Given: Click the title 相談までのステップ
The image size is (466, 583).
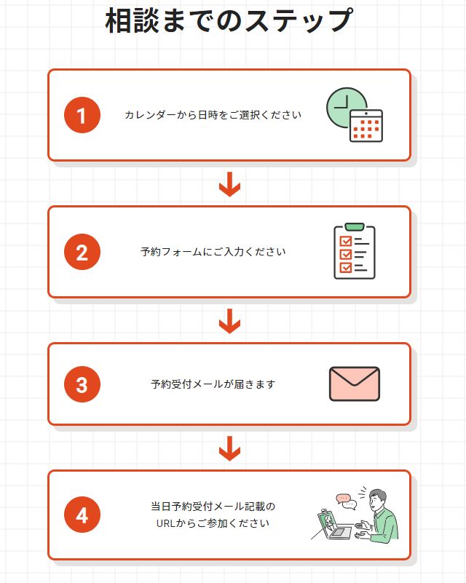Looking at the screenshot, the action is coord(229,20).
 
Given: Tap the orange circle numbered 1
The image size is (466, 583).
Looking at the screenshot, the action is coord(82,115).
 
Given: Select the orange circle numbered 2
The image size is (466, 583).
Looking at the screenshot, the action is coord(82,252).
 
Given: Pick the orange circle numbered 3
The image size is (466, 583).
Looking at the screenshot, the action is coord(82,384).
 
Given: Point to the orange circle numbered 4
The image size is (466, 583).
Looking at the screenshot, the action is coord(82,515).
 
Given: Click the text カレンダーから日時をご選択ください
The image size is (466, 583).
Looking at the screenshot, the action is coord(213,115).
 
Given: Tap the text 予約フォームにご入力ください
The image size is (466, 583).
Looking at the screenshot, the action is coord(213,252).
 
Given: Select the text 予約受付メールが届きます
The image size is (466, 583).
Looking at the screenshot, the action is coord(213,384).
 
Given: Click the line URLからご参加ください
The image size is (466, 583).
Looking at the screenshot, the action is coord(213,523).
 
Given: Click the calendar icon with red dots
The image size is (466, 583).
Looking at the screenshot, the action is coord(366,126).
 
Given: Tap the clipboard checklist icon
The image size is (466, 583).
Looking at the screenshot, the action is coord(355,251).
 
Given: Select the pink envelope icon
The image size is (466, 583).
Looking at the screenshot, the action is coord(355,384).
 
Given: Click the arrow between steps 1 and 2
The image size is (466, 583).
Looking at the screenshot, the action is coord(229,184).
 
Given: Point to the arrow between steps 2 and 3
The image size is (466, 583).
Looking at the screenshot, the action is coord(229,321).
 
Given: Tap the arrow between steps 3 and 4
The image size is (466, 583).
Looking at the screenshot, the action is coord(229,448).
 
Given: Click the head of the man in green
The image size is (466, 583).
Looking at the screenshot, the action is coord(377,501).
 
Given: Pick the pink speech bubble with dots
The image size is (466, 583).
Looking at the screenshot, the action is coord(342,499).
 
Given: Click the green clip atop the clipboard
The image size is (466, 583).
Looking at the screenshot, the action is coord(355,226).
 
